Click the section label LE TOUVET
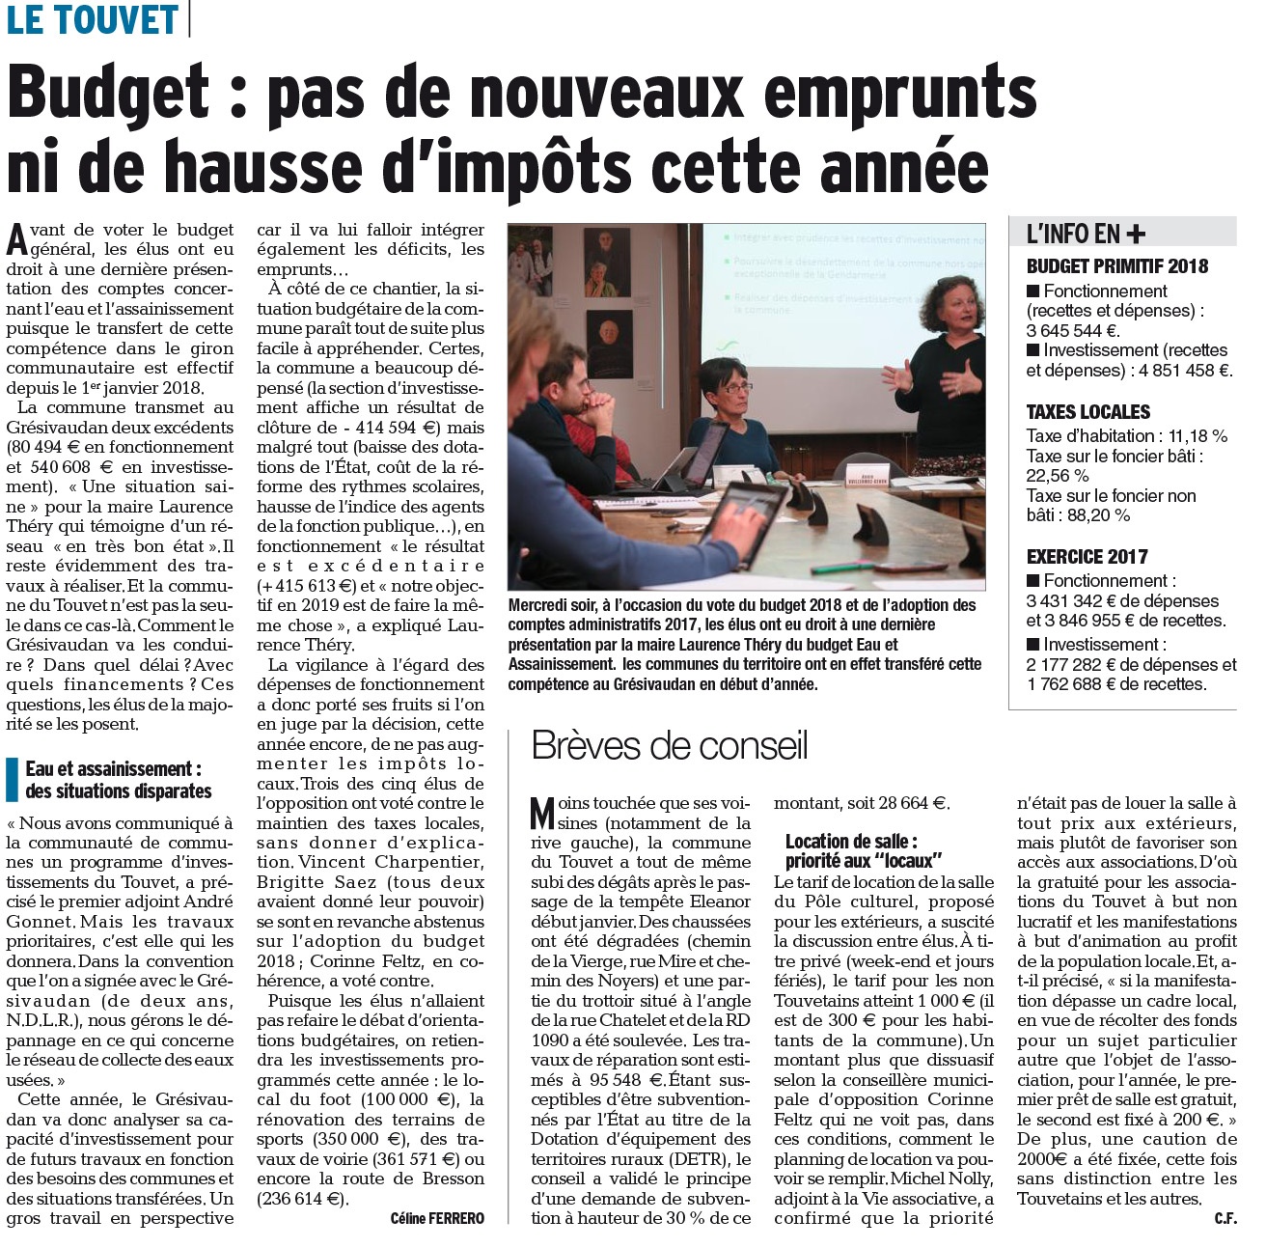click(x=93, y=19)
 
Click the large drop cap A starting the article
click(x=16, y=239)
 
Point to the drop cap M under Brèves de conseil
click(x=543, y=813)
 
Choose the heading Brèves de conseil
click(x=670, y=746)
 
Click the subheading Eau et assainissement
click(x=114, y=769)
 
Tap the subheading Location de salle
click(x=851, y=842)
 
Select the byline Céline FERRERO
click(x=437, y=1218)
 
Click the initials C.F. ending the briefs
click(x=1225, y=1219)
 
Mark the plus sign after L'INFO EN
click(x=1136, y=234)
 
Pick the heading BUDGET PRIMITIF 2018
click(x=1116, y=266)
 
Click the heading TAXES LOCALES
click(x=1088, y=412)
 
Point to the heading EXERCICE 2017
click(x=1087, y=557)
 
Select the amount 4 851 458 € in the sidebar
click(x=1184, y=371)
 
